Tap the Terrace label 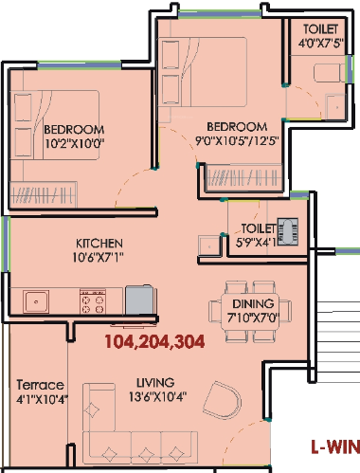(39, 386)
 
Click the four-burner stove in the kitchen (94, 301)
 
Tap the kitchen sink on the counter (38, 301)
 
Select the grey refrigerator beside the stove (138, 299)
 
